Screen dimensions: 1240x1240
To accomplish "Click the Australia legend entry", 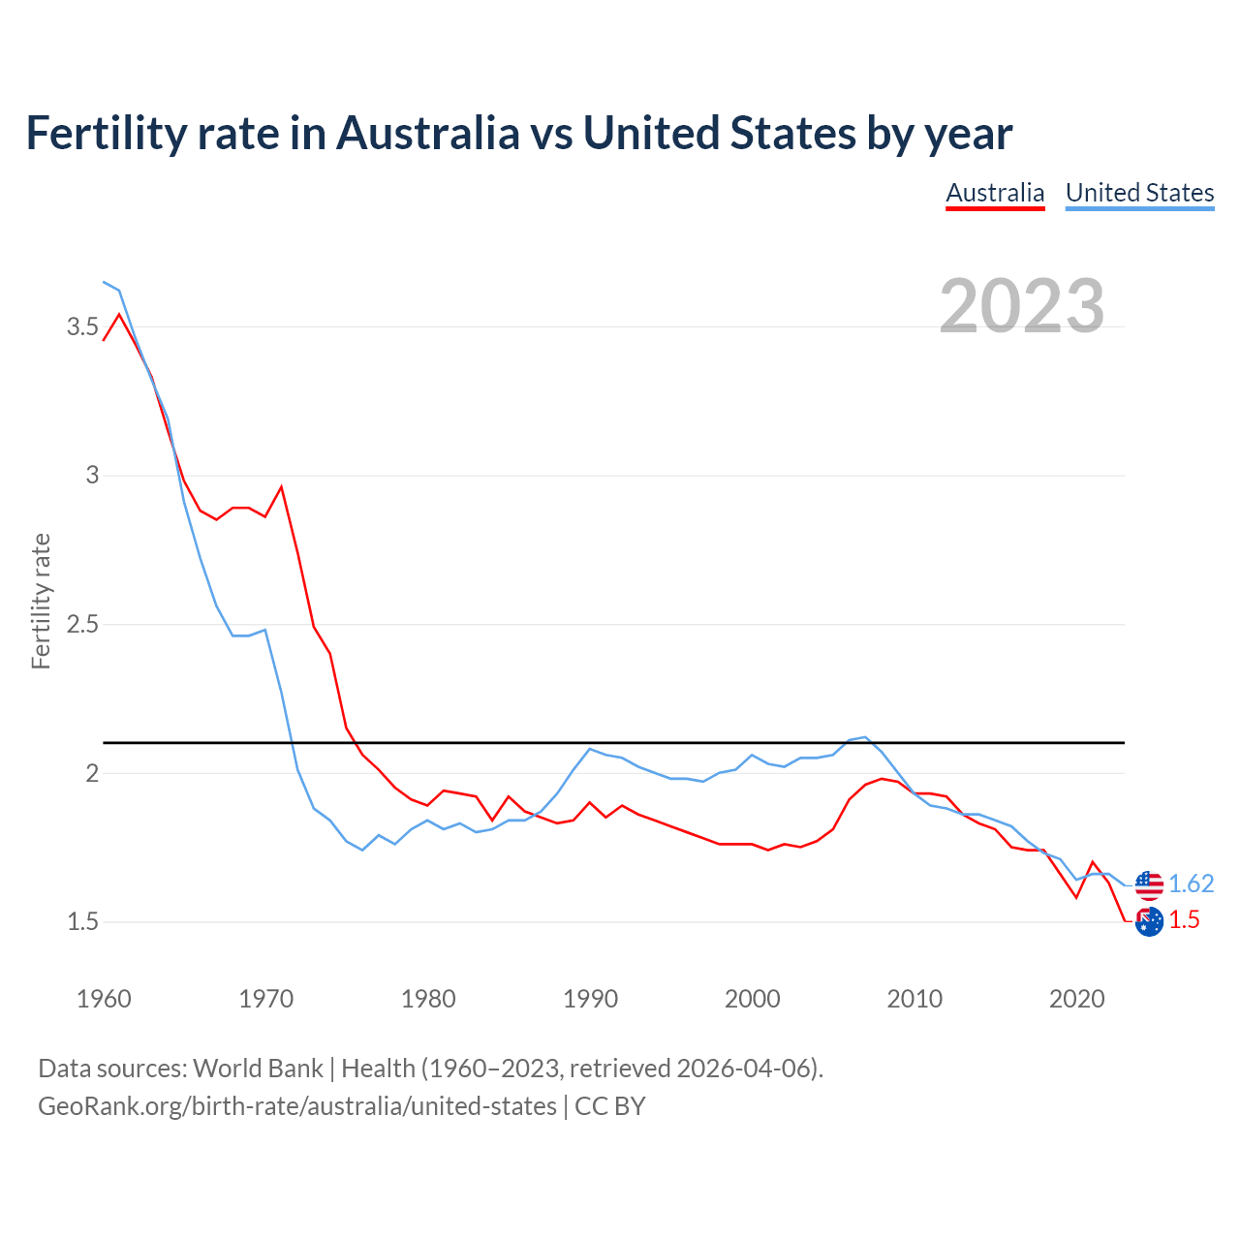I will click(x=995, y=193).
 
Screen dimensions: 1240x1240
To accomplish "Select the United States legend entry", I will click(x=1139, y=193).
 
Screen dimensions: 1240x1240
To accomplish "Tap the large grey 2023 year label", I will click(x=1022, y=306).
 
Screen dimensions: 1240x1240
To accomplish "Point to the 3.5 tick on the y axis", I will click(x=82, y=327).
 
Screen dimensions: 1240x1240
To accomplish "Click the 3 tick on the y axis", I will click(x=92, y=476).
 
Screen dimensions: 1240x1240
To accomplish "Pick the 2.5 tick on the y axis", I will click(x=82, y=625).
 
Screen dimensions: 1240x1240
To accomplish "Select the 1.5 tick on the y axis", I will click(x=82, y=922).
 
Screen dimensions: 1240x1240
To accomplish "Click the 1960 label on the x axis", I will click(x=104, y=999).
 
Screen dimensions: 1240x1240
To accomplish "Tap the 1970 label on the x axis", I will click(x=265, y=999).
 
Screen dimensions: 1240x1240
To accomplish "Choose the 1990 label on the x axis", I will click(x=590, y=999).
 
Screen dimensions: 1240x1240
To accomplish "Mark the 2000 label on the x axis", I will click(x=752, y=999).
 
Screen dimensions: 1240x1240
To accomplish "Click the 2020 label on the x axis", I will click(x=1076, y=999).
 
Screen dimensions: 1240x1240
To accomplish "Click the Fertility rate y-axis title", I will click(x=41, y=601).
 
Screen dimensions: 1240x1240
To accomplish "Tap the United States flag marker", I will click(x=1149, y=884).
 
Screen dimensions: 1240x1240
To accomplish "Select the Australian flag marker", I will click(x=1149, y=922).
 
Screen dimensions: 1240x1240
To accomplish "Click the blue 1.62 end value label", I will click(x=1191, y=884).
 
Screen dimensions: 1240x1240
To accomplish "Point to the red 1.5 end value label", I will click(x=1184, y=920).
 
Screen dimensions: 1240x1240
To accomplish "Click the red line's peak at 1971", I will click(x=281, y=486).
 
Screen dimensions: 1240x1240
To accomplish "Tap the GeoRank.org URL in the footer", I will click(x=296, y=1106).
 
